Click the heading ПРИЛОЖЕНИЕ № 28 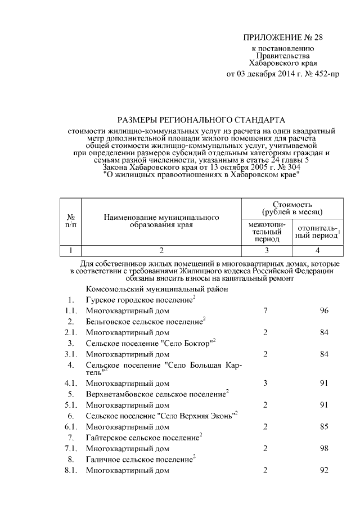(283, 38)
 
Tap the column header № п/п (71, 221)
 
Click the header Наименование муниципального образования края (161, 221)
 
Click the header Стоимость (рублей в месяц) (292, 208)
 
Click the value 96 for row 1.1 (323, 310)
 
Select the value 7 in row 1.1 (265, 310)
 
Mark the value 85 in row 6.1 (323, 426)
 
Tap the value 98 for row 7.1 (323, 448)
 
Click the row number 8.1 (70, 470)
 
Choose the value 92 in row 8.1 (323, 470)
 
